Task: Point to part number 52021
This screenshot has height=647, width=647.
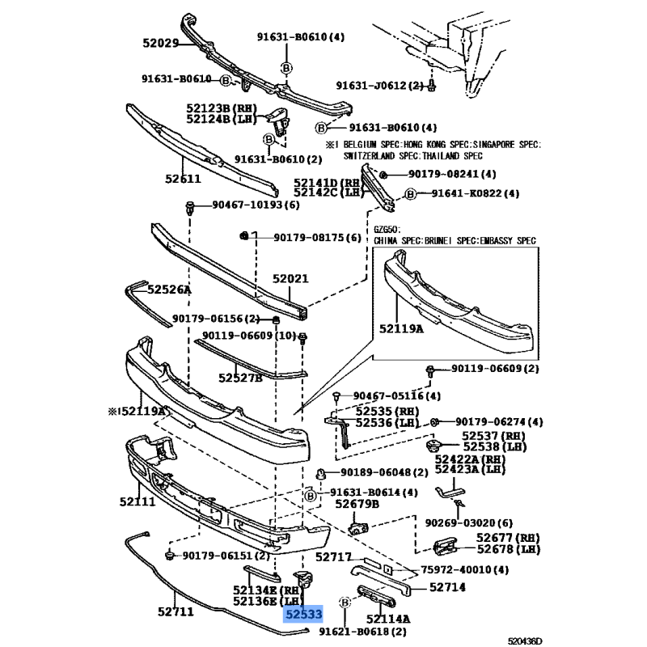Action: [290, 279]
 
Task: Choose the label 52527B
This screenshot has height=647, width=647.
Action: [240, 377]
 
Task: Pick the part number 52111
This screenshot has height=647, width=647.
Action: [137, 502]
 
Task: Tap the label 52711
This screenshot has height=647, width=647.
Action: [175, 612]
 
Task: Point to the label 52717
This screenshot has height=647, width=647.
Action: [333, 557]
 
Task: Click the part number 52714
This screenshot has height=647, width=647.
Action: [447, 587]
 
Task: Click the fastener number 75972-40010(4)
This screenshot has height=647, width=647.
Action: [465, 569]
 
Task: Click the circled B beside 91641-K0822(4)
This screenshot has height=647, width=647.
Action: [412, 194]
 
